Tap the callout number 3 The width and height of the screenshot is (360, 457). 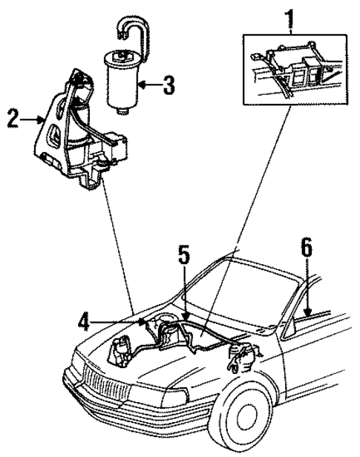point(169,85)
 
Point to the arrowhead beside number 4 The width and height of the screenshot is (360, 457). point(140,321)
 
